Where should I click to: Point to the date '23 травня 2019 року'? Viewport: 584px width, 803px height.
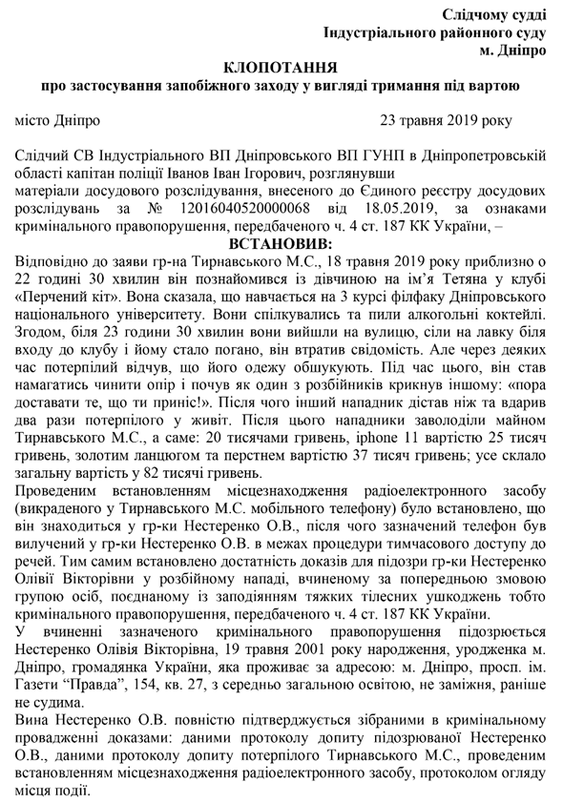(445, 121)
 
